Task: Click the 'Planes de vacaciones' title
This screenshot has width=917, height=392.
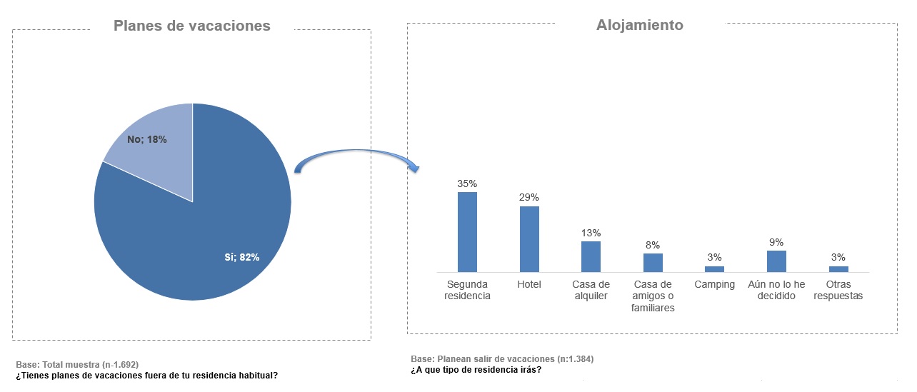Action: pyautogui.click(x=191, y=26)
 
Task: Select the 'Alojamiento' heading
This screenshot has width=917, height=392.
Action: pyautogui.click(x=639, y=25)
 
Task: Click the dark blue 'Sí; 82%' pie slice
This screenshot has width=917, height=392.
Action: pyautogui.click(x=207, y=236)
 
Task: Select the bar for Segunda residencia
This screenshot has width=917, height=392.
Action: pyautogui.click(x=467, y=232)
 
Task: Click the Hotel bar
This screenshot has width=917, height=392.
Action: pyautogui.click(x=529, y=239)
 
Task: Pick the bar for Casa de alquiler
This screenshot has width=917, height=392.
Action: pyautogui.click(x=591, y=256)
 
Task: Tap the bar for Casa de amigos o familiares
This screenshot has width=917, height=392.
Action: pyautogui.click(x=653, y=262)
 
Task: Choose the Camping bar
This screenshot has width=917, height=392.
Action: pyautogui.click(x=714, y=269)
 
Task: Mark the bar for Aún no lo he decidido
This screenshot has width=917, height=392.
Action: pyautogui.click(x=776, y=261)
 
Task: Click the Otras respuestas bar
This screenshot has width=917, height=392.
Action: pyautogui.click(x=838, y=269)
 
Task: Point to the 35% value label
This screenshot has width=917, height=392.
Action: pyautogui.click(x=467, y=184)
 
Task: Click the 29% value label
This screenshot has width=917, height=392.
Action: pyautogui.click(x=529, y=197)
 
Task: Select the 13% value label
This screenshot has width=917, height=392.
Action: pyautogui.click(x=591, y=233)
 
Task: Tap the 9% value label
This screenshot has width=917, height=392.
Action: pyautogui.click(x=776, y=242)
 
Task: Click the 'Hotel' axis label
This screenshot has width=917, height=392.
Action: pyautogui.click(x=529, y=284)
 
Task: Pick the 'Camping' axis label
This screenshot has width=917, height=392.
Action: pyautogui.click(x=714, y=284)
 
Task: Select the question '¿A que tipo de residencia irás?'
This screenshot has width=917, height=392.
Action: pyautogui.click(x=476, y=369)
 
